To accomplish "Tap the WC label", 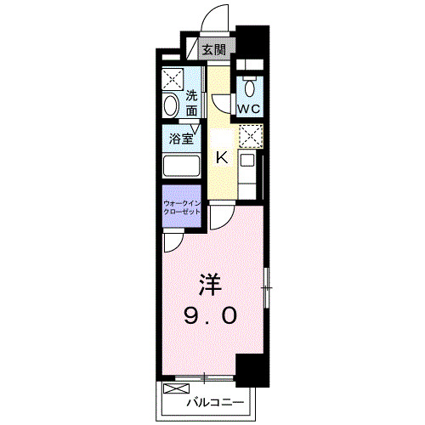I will [250, 110].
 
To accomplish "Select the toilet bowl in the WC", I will [250, 88].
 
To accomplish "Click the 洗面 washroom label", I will [192, 104].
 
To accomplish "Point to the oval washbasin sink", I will [171, 105].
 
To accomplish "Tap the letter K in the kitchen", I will [220, 157].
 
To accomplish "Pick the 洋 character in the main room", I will [211, 281].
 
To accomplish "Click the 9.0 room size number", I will [211, 316].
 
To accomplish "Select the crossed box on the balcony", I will [174, 391].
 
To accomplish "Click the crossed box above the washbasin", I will [173, 79].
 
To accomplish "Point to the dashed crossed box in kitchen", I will [251, 134].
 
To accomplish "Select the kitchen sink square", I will [247, 159].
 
